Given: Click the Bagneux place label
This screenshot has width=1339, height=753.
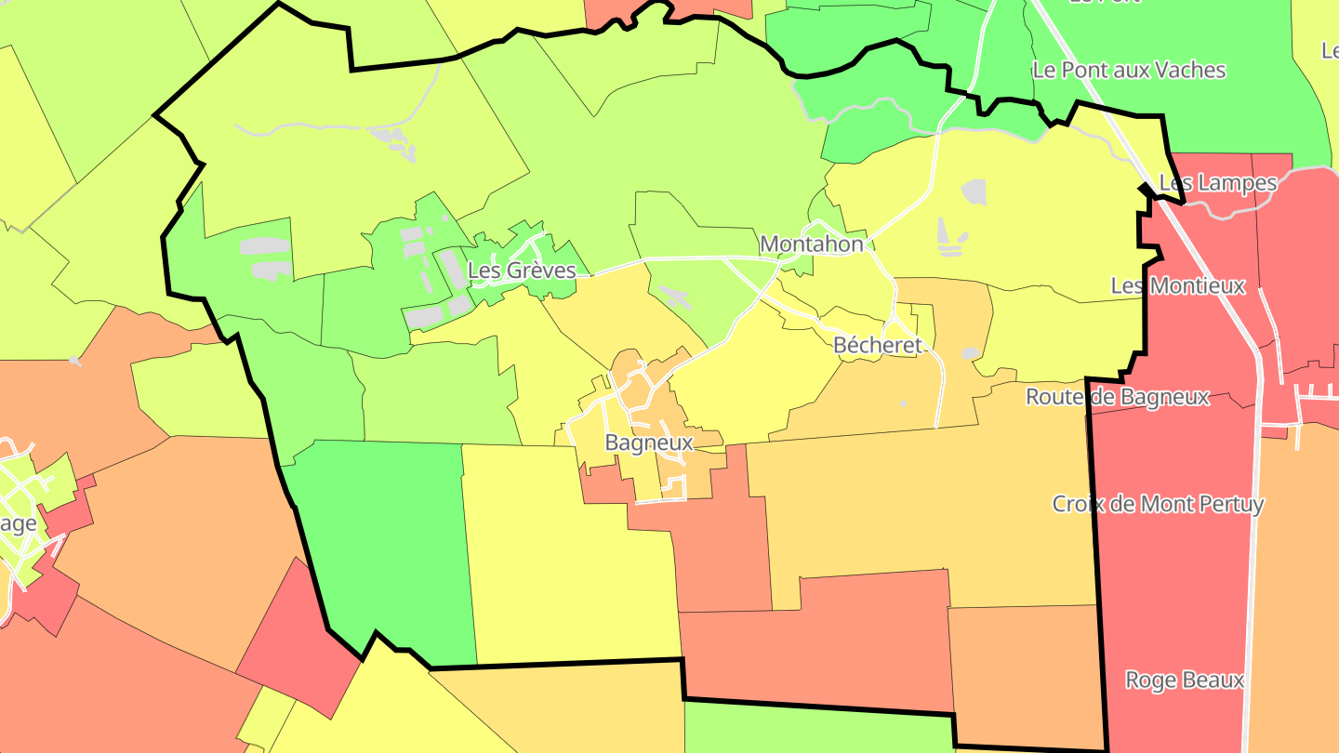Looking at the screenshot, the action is [x=649, y=443].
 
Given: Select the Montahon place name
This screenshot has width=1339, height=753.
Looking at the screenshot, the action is [x=812, y=244].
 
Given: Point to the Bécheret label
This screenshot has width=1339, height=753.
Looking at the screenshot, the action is [x=878, y=346].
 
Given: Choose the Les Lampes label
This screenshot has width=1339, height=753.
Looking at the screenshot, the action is [x=1218, y=183].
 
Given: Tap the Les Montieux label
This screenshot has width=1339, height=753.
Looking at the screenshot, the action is [x=1178, y=285].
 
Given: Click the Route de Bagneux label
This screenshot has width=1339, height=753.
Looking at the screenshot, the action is [x=1117, y=398].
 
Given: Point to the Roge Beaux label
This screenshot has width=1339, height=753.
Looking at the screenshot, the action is [x=1184, y=680].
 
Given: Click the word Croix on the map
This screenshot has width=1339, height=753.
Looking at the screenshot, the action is [x=1078, y=505].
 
